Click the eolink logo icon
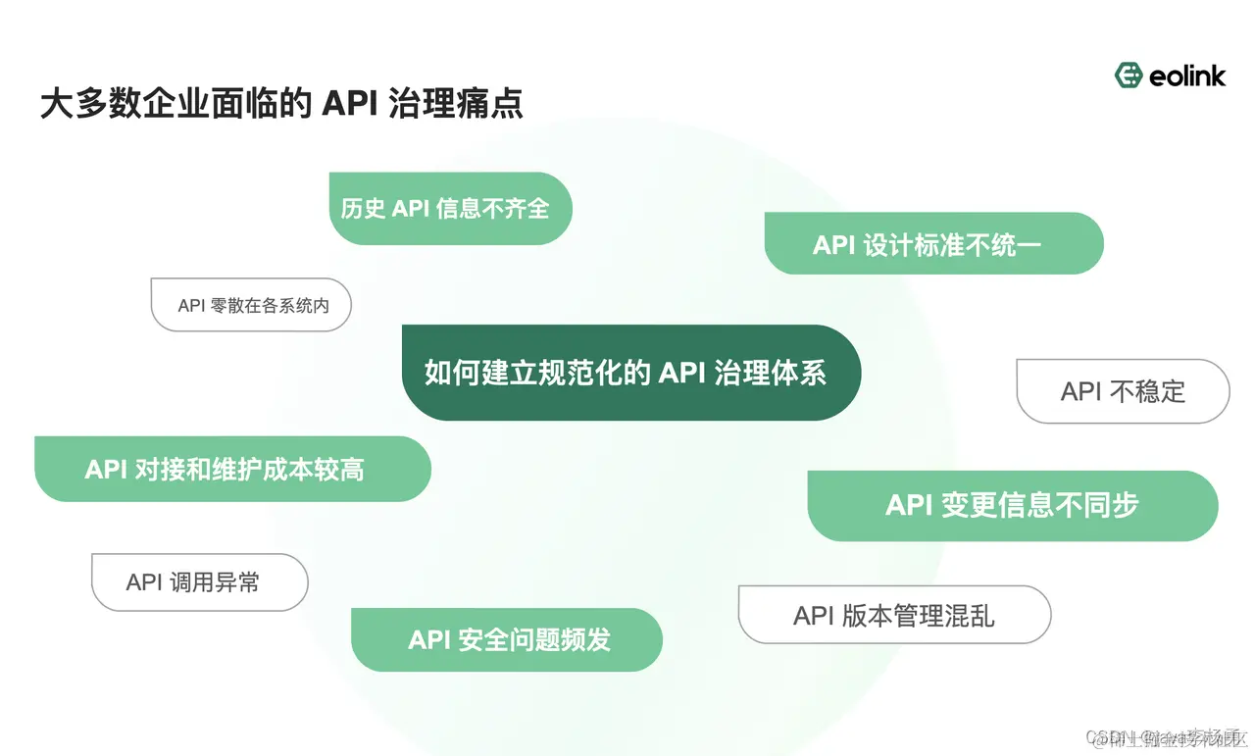coord(1129,76)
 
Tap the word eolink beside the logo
coord(1186,76)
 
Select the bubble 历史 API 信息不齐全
coord(450,209)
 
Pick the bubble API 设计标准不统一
coord(933,244)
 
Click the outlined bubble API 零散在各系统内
coord(252,305)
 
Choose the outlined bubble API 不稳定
coord(1123,392)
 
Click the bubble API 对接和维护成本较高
coord(232,470)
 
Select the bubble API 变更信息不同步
coord(1012,505)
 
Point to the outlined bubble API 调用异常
coord(200,582)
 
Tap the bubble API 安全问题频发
coord(507,640)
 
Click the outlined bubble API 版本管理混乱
coord(894,616)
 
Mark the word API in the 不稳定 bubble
coord(1081,392)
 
